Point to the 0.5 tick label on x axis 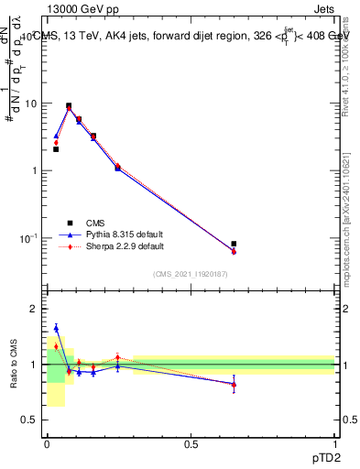(191, 444)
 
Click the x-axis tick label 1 (334, 444)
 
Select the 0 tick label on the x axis (47, 444)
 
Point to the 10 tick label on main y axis (30, 104)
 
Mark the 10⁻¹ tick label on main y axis (27, 238)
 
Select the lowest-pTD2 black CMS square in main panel (56, 148)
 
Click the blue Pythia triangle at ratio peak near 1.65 (56, 328)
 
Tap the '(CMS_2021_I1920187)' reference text (191, 274)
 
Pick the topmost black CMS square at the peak (69, 105)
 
